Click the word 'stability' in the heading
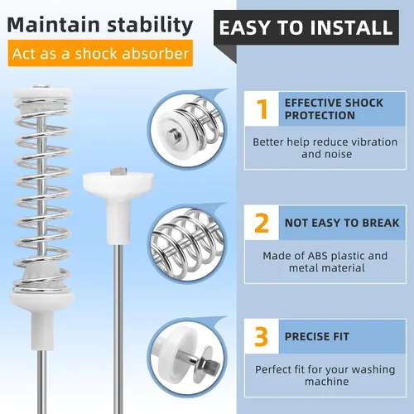150,26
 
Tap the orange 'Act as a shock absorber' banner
100,53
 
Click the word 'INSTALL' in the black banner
351,27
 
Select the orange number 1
262,109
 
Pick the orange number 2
262,223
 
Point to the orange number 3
262,336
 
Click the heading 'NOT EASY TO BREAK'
342,223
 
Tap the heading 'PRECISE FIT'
317,336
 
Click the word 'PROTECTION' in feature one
320,115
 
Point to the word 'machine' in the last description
327,382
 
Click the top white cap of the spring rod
41,94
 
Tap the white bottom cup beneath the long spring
42,320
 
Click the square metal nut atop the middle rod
118,171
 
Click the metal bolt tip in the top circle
175,134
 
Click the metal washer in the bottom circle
202,363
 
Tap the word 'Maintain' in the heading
53,26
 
